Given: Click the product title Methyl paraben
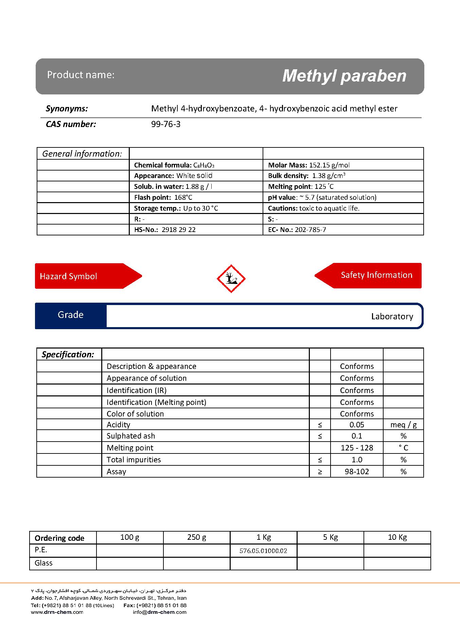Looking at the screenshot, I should click(344, 76).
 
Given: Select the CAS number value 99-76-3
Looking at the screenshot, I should click(166, 124).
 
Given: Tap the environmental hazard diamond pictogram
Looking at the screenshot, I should click(231, 279).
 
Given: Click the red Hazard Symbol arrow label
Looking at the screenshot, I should click(68, 276).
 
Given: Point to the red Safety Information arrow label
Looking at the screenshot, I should click(376, 275).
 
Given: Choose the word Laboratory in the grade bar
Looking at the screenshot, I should click(392, 317).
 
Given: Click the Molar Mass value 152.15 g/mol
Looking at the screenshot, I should click(329, 165).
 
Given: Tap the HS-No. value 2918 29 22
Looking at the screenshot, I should click(179, 230).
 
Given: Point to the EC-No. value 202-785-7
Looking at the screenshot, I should click(311, 230).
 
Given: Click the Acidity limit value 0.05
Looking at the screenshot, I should click(357, 425).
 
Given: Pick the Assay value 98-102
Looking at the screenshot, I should click(357, 471).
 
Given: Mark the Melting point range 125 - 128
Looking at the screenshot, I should click(357, 448).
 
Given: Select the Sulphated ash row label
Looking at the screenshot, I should click(131, 436).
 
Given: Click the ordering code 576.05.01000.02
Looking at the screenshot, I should click(263, 551).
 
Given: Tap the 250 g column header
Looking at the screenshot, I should click(197, 537).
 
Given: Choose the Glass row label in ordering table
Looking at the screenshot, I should click(44, 563).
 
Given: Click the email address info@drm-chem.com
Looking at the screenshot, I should click(160, 612).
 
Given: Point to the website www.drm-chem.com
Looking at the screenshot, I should click(57, 612).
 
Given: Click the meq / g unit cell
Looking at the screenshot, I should click(404, 425).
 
